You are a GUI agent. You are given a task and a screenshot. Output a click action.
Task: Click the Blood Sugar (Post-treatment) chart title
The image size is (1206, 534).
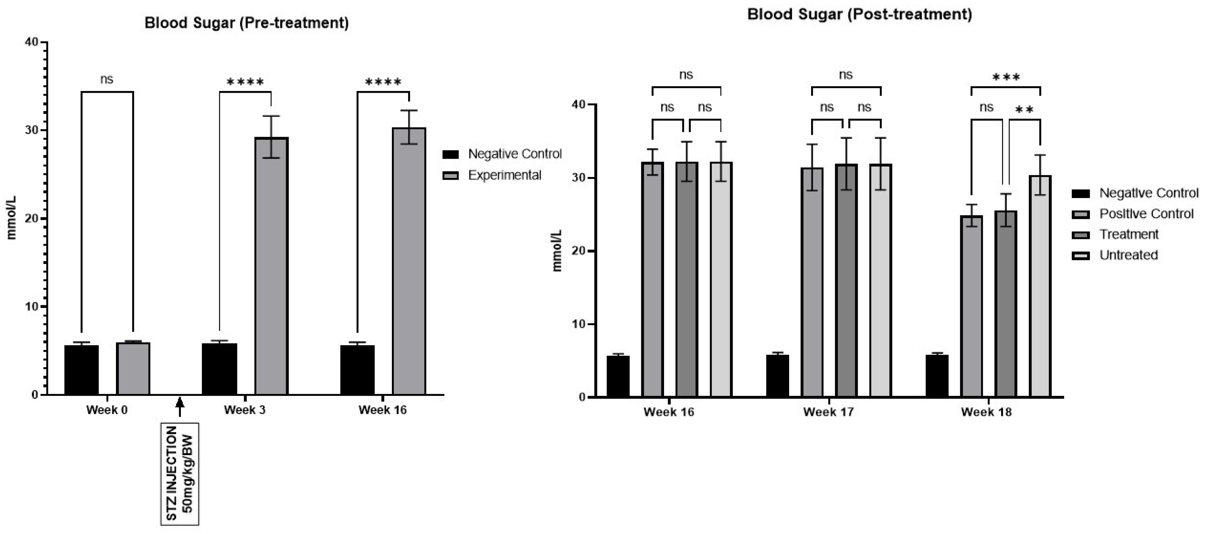859,15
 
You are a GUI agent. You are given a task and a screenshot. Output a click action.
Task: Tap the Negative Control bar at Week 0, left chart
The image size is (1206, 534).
81,370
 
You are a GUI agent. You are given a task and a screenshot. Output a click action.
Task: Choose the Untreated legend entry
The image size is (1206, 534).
1128,255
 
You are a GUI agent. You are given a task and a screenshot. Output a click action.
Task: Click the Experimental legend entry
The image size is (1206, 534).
504,175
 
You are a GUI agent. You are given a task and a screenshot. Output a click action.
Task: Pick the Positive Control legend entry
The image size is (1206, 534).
1146,214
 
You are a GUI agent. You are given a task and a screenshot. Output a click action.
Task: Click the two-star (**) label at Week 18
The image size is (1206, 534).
1024,111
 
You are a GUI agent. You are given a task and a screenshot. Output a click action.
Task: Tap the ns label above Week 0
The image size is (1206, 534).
107,80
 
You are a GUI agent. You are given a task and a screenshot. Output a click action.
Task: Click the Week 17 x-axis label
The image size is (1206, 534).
828,412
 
